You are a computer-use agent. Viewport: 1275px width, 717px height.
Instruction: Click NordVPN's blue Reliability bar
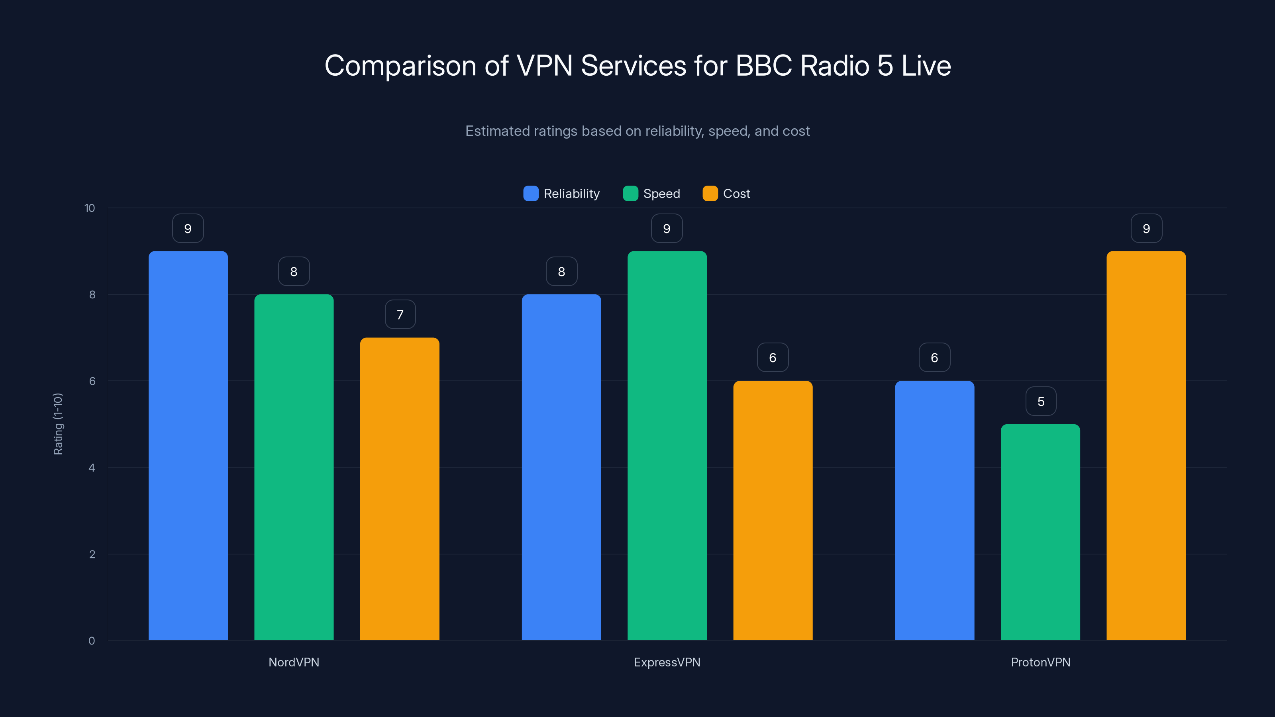(x=188, y=445)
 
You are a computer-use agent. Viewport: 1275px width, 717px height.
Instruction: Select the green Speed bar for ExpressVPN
(x=667, y=445)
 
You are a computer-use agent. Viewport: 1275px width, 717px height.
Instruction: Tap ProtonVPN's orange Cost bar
(x=1146, y=445)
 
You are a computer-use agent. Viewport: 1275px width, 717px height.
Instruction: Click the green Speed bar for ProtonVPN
(x=1040, y=532)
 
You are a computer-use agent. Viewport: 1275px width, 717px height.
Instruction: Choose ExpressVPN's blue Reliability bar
(x=561, y=467)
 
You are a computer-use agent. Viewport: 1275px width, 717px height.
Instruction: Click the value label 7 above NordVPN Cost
(x=400, y=315)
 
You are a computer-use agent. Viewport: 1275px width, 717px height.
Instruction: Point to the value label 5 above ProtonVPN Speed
(x=1040, y=401)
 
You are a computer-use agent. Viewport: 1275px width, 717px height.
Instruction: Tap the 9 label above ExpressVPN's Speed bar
(x=666, y=229)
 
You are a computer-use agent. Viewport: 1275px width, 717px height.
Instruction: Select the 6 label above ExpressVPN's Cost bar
(x=772, y=358)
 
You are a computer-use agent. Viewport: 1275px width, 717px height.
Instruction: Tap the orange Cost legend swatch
(x=710, y=194)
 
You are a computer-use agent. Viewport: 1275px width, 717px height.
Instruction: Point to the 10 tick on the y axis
(x=90, y=208)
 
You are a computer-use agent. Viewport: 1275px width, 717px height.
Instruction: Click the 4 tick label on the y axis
(x=92, y=468)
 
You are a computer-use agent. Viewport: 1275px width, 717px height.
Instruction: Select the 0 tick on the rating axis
(x=92, y=641)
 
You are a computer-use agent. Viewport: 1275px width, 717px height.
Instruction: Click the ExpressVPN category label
(x=667, y=662)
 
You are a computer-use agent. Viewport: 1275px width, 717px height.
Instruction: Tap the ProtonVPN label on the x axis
(x=1040, y=662)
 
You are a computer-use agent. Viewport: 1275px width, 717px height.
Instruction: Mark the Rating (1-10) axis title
(x=58, y=424)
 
